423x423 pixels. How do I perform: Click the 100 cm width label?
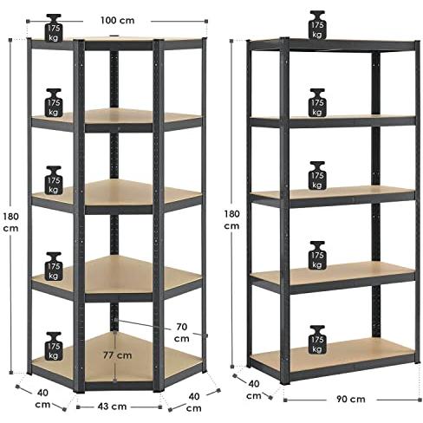tap(117, 21)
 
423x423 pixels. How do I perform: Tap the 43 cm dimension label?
tap(112, 407)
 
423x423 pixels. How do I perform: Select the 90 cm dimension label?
tap(351, 399)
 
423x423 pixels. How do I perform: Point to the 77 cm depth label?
tap(118, 355)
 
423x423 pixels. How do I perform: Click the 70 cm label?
tap(182, 333)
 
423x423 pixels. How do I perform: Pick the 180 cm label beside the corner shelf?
tap(10, 222)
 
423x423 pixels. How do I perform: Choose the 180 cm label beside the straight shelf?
tap(231, 219)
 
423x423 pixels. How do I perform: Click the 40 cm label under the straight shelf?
tap(254, 389)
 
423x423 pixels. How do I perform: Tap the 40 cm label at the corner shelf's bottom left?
tap(42, 399)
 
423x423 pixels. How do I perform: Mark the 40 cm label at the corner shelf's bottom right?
tap(194, 402)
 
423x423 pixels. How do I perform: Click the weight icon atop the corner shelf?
tap(54, 28)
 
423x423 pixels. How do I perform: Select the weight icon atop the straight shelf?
tap(317, 25)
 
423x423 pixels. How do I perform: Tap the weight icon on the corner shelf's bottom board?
tap(54, 346)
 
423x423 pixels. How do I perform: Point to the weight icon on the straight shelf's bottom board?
tap(317, 340)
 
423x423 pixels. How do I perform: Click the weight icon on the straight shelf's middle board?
tap(317, 175)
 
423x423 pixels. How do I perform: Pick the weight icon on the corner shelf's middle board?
tap(54, 180)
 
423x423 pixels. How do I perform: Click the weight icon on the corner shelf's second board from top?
tap(54, 102)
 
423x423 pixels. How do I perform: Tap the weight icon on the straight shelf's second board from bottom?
tap(317, 256)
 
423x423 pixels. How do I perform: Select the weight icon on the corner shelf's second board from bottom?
tap(54, 266)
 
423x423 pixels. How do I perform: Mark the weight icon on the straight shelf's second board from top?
tap(317, 102)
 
